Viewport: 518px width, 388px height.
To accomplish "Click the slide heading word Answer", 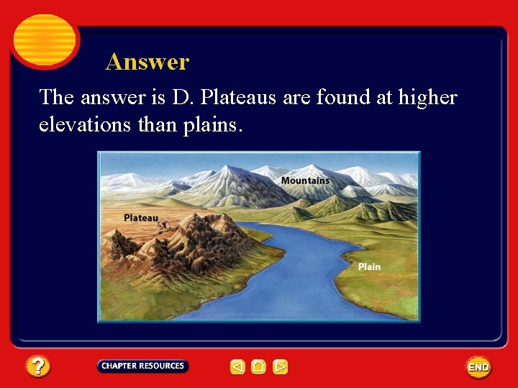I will coord(147,63).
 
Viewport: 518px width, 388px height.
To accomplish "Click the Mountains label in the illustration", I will coord(305,180).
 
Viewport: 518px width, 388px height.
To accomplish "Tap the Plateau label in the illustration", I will coord(141,218).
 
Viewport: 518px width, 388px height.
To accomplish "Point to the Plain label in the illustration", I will coord(369,267).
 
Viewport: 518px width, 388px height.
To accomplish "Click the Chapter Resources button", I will coord(142,366).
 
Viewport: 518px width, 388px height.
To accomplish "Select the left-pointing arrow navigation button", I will coord(237,367).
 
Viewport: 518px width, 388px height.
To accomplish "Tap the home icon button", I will coord(259,367).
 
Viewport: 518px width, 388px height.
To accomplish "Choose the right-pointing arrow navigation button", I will coord(281,367).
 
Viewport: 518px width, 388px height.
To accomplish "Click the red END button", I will coord(478,367).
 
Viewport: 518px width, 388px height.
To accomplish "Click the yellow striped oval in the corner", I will coord(45,40).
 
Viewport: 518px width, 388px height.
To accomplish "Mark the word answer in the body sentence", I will coord(108,97).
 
